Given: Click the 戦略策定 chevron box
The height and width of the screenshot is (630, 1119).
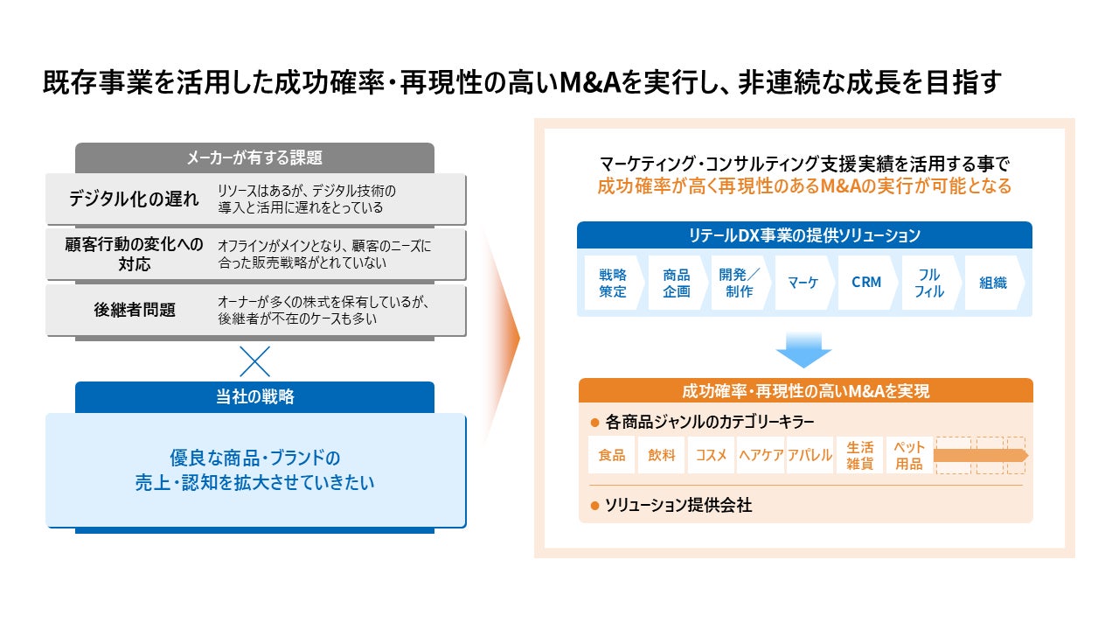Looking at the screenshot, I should point(613,283).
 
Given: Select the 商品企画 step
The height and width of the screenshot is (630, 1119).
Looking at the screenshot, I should point(676,283).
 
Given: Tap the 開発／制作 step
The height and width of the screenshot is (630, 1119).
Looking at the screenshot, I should point(739,283).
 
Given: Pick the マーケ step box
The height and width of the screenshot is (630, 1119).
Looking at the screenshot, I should point(802,283).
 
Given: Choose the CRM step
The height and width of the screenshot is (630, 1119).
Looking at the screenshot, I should point(865,283).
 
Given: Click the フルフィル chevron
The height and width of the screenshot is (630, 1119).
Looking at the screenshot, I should point(929,283).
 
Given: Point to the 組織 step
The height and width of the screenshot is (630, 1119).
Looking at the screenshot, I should point(992,283).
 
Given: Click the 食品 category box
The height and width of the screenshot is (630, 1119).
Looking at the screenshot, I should point(611,455).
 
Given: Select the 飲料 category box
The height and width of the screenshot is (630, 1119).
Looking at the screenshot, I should point(662,455).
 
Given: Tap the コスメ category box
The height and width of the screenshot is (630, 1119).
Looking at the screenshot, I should point(711,455).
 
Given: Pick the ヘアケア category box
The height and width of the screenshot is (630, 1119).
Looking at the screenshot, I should point(761,455).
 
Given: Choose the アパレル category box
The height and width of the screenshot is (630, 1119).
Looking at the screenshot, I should point(810,455).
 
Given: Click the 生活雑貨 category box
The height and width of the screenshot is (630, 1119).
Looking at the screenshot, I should point(859,455).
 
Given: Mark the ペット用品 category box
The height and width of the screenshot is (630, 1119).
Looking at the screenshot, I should point(909,455).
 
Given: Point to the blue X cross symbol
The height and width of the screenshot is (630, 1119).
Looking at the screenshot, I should point(254,360).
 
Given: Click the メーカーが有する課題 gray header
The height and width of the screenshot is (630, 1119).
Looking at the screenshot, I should point(254,157).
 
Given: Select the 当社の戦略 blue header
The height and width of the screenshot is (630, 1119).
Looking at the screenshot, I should point(254,396).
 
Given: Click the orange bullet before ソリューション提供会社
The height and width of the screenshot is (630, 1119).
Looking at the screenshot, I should point(595,505).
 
